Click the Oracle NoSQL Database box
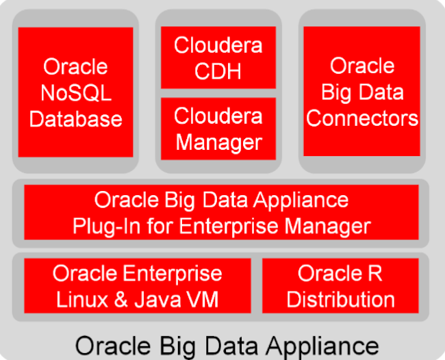[75, 92]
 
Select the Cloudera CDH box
[218, 57]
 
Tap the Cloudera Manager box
[218, 129]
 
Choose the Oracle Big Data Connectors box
[362, 92]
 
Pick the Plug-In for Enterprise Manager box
[221, 212]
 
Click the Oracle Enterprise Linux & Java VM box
[138, 285]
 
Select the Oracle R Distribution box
[340, 285]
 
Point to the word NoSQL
[75, 92]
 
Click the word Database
[75, 118]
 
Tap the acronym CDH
[218, 70]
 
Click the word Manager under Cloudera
[218, 142]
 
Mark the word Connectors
[362, 118]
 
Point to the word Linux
[78, 298]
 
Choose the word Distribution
[340, 298]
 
